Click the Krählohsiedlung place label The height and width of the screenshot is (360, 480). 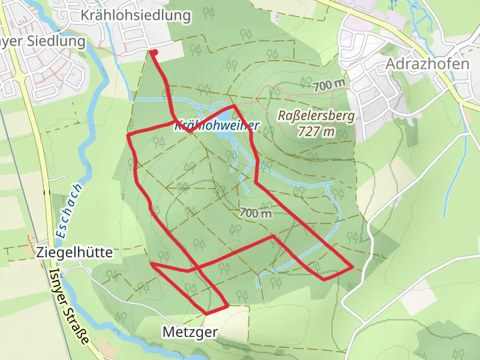[x=137, y=16]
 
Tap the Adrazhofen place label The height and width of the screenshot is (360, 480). [x=428, y=64]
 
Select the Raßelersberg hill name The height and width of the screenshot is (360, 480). [x=317, y=116]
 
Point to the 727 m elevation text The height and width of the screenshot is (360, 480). [x=316, y=132]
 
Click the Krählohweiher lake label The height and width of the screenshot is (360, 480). [x=217, y=126]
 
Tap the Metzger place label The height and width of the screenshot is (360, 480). [x=190, y=331]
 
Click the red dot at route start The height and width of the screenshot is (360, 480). [x=154, y=53]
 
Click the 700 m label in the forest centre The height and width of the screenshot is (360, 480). [x=256, y=212]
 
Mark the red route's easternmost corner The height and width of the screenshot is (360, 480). [x=352, y=266]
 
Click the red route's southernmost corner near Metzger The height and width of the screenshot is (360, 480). [x=207, y=313]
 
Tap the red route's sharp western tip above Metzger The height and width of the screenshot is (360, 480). [x=151, y=263]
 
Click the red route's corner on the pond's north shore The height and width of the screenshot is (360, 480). [x=233, y=106]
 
